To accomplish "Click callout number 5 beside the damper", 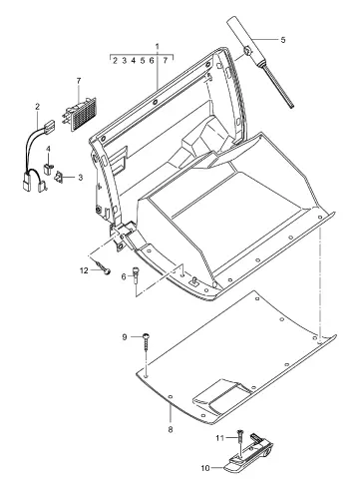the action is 283,40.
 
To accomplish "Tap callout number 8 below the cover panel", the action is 171,430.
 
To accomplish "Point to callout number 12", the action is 84,270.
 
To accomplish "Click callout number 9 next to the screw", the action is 125,337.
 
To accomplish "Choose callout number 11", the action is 219,438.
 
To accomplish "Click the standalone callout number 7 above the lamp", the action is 79,81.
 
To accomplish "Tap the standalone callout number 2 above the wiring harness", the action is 37,107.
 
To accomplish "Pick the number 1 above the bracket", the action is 158,46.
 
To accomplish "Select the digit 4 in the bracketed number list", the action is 134,61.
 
